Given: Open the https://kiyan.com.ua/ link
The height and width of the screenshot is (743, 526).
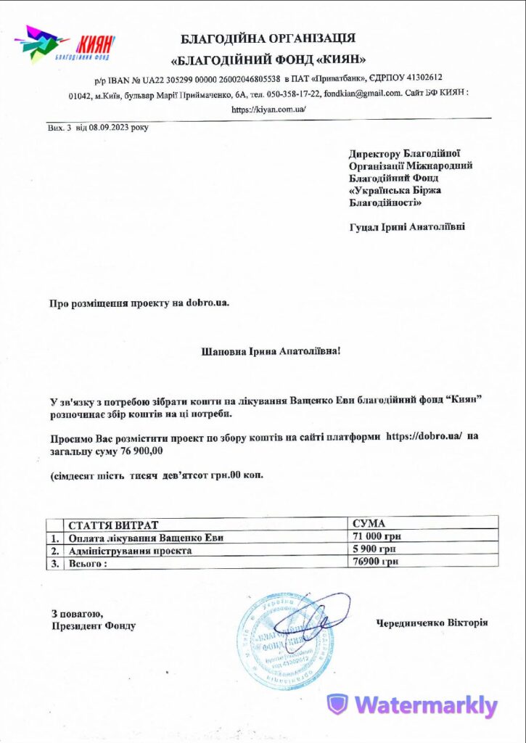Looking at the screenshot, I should click(x=268, y=110).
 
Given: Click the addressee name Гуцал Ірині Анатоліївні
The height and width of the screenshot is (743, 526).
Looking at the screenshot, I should click(x=407, y=226).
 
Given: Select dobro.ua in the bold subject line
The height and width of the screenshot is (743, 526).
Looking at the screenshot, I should click(x=207, y=303).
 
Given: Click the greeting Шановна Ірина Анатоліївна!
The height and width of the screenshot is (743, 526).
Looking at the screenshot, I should click(x=270, y=352).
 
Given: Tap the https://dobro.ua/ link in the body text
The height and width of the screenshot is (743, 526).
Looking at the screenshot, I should click(x=424, y=437).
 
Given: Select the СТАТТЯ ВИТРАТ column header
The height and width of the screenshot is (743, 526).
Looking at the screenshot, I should click(x=112, y=525).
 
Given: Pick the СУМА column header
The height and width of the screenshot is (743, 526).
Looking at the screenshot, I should click(x=369, y=523).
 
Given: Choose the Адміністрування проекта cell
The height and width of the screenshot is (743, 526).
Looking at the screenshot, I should click(x=130, y=550).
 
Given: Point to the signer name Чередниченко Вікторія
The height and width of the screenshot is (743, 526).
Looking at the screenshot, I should click(x=432, y=623).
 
